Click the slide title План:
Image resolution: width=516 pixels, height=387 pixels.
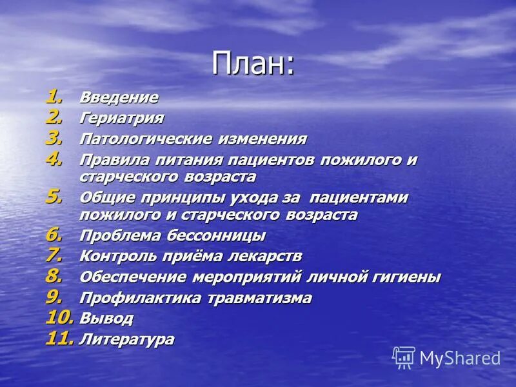tap(253, 64)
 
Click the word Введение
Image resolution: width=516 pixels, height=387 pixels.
tap(119, 98)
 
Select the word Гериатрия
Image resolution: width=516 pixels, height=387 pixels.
tap(121, 119)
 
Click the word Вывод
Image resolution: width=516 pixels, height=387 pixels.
tap(106, 319)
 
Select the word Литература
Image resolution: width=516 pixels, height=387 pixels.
tap(126, 339)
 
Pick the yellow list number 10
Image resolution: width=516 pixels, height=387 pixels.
tap(59, 317)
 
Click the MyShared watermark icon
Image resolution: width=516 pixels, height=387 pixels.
tap(404, 357)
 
